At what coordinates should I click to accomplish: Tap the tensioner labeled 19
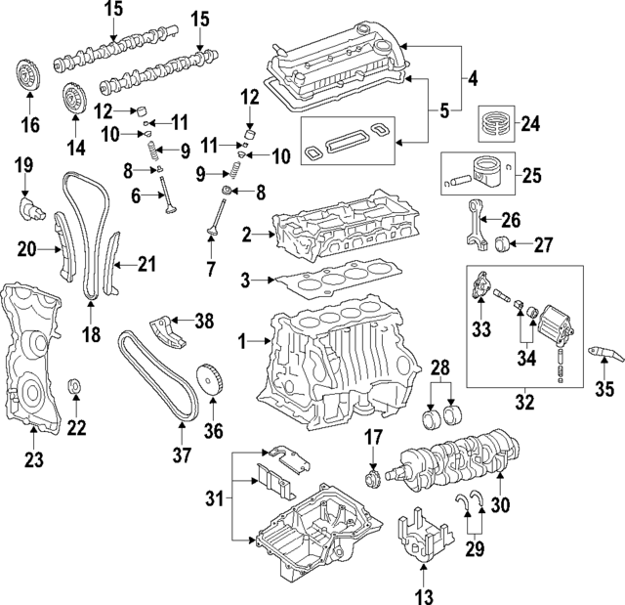coord(29,208)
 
